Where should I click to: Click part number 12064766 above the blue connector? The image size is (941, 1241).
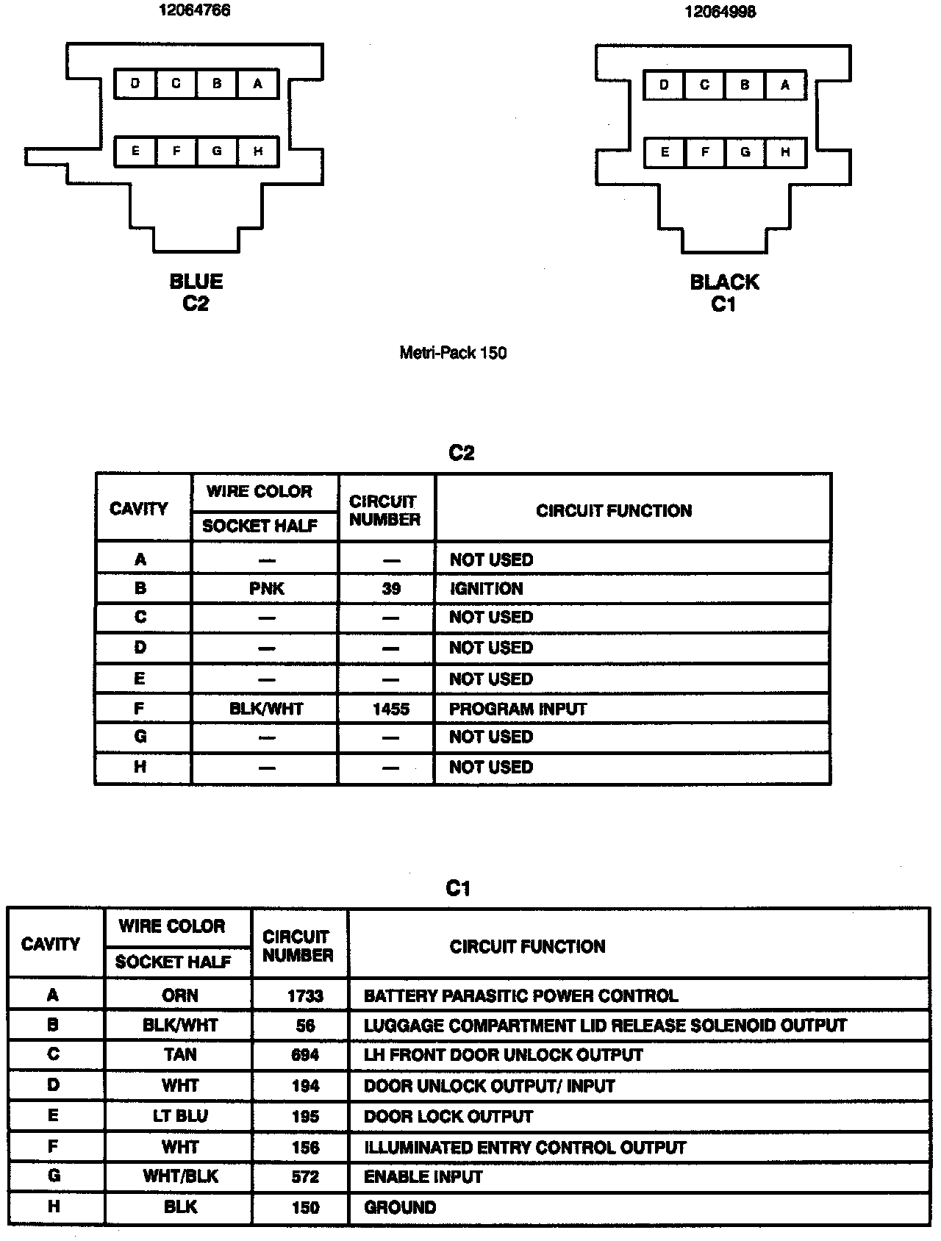(195, 10)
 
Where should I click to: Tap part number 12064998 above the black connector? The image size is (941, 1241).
(720, 12)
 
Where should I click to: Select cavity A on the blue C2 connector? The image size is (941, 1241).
(257, 84)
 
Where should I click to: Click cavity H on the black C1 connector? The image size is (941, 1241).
(785, 152)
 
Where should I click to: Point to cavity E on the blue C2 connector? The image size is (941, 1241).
(135, 151)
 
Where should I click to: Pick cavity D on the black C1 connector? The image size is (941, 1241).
(664, 85)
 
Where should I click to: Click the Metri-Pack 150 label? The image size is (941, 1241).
(453, 353)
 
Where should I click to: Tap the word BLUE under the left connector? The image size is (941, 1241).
(196, 282)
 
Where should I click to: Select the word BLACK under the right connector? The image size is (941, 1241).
(724, 282)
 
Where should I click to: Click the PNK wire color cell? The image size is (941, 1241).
(266, 589)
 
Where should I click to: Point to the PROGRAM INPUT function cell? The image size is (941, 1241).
(518, 709)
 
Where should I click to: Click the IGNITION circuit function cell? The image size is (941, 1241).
(486, 589)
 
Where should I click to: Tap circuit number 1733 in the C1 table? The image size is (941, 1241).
(304, 995)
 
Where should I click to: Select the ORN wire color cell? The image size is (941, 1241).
(180, 995)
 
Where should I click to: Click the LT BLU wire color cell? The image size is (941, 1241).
(180, 1116)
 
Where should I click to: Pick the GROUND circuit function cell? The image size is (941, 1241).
(400, 1207)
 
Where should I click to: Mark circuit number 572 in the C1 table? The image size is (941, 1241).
(304, 1177)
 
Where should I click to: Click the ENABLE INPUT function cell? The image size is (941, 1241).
(423, 1177)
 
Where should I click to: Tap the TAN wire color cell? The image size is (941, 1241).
(180, 1055)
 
